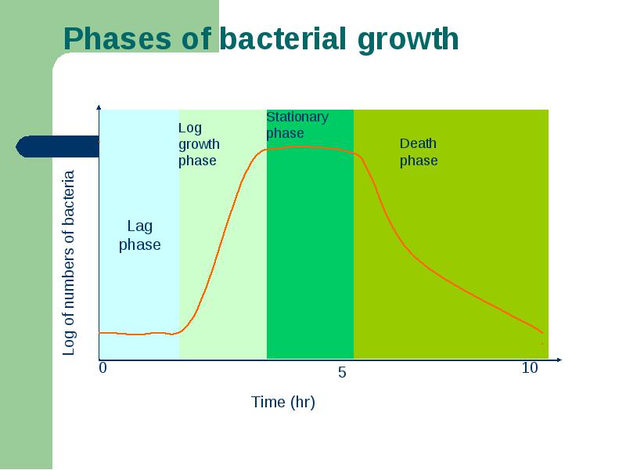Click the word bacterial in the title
tap(282, 38)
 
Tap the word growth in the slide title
tap(408, 41)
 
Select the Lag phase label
tap(140, 236)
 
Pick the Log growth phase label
tap(199, 144)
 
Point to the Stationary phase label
tap(297, 125)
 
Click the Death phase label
tap(419, 152)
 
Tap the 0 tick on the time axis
tap(103, 367)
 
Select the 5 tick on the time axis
tap(342, 373)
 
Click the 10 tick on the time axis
tap(530, 367)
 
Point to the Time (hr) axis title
tap(283, 402)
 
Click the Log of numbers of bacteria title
tap(69, 263)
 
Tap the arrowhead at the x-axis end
tap(559, 360)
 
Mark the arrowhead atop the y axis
tap(99, 107)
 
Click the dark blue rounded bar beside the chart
tap(57, 146)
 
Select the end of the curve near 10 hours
tap(542, 332)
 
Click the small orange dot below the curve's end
tap(541, 343)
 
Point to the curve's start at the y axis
tap(99, 332)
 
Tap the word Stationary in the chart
tap(297, 117)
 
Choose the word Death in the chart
tap(418, 143)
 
